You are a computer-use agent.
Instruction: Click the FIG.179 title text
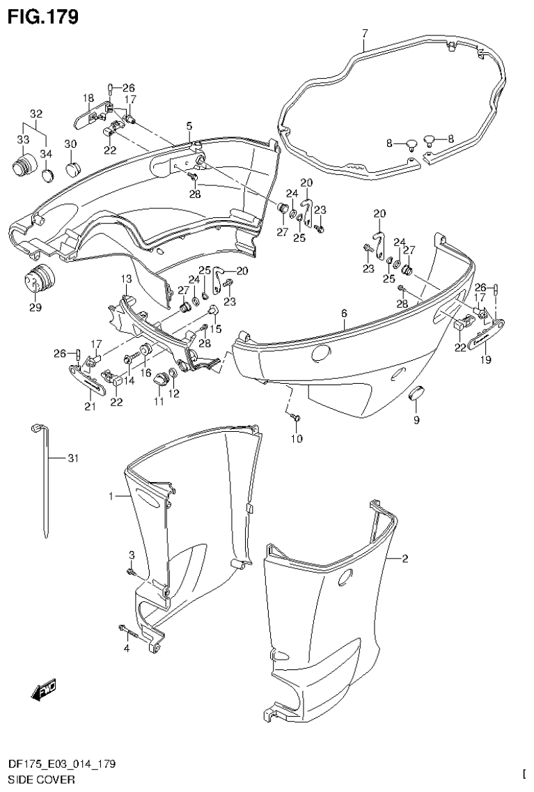coord(42,15)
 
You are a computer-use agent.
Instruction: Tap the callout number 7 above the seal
coord(364,33)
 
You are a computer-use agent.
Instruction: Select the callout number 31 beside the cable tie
coord(74,458)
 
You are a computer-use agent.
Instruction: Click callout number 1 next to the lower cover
coord(110,496)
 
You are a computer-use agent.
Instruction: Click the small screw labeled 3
coord(130,572)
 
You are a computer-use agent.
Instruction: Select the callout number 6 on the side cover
coord(344,314)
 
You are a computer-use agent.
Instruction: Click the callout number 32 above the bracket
coord(36,114)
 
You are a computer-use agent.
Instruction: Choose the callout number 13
coord(126,279)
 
